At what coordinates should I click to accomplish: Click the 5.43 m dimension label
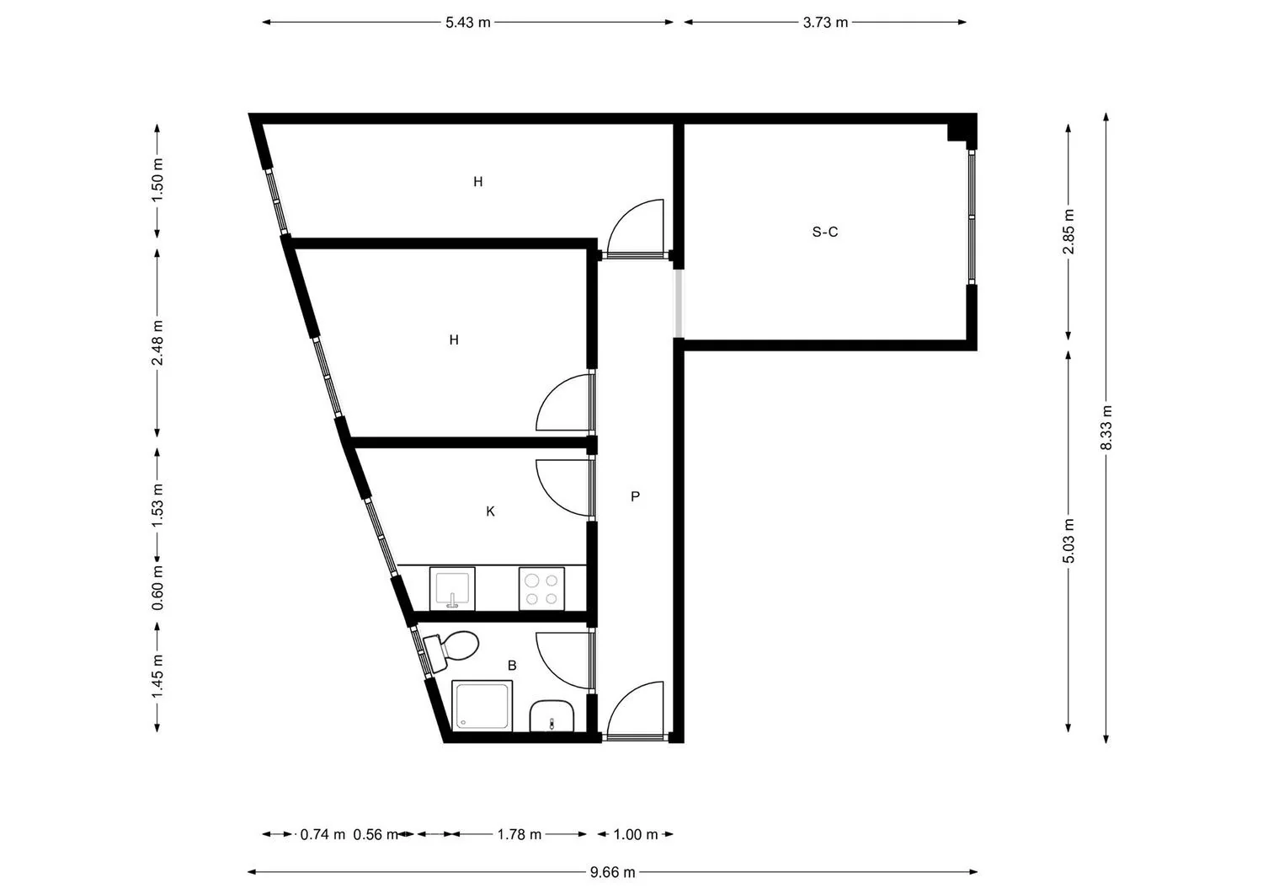coord(468,23)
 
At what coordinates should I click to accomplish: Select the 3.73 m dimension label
coord(825,23)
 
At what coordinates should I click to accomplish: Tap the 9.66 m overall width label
coord(612,873)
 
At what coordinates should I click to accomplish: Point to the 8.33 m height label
coord(1106,428)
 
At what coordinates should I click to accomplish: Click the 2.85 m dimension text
coord(1068,232)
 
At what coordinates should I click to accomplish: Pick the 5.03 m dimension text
coord(1068,541)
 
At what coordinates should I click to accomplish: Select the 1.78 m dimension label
coord(520,834)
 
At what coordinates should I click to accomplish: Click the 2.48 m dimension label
coord(157,343)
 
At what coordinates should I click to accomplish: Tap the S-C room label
coord(825,232)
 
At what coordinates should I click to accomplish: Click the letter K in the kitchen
coord(491,511)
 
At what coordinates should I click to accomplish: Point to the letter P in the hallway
coord(635,496)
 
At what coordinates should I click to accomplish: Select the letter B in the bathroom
coord(512,666)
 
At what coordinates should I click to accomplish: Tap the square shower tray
coord(482,705)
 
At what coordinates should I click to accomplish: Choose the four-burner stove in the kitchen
coord(542,589)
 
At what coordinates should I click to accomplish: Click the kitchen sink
coord(452,589)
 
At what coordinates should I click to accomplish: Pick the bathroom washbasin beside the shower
coord(552,715)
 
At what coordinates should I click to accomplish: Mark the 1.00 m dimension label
coord(636,834)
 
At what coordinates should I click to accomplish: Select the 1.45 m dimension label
coord(157,676)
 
